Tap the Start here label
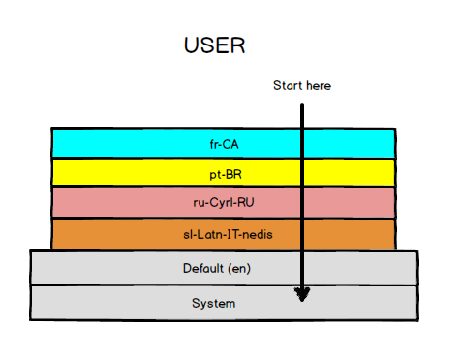(x=302, y=86)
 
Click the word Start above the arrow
(x=288, y=86)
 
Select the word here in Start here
(x=318, y=86)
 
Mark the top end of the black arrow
(x=302, y=102)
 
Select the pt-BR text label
(x=223, y=173)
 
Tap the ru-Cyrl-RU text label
(x=223, y=203)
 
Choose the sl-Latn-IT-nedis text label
(x=223, y=234)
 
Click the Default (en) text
(x=223, y=268)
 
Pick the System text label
(x=213, y=304)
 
